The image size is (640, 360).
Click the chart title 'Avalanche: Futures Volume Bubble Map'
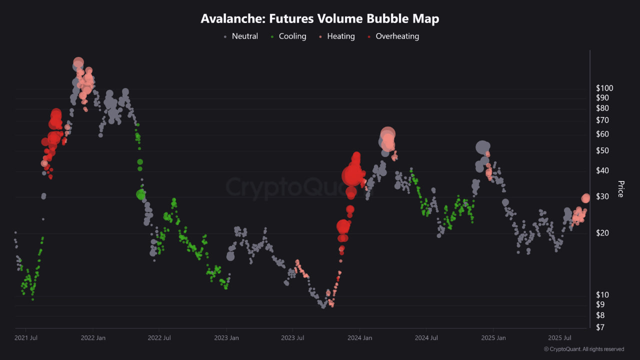click(x=319, y=19)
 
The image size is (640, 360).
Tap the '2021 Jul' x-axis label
click(x=26, y=338)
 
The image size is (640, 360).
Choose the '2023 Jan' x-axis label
click(x=226, y=338)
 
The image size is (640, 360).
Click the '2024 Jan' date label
click(x=360, y=338)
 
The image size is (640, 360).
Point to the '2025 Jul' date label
click(x=559, y=338)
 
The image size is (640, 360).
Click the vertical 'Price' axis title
click(x=620, y=189)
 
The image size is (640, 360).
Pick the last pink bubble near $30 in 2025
click(x=586, y=198)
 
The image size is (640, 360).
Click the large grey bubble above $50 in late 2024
click(x=482, y=147)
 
